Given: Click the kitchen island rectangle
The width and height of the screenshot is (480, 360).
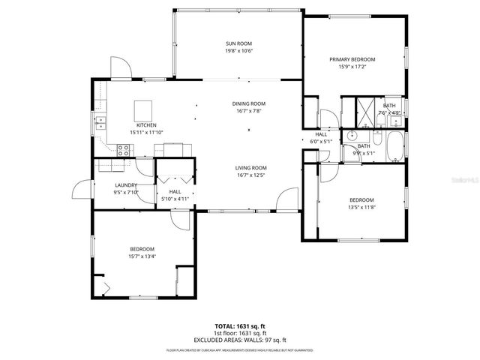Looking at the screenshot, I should click(143, 109).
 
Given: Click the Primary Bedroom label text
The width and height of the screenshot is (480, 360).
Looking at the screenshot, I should click(352, 58).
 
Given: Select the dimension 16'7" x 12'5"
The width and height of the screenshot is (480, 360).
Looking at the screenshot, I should click(251, 175).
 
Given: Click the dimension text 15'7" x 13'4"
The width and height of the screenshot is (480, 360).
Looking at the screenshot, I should click(142, 256).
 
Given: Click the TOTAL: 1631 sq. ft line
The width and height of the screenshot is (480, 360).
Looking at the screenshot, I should click(240, 325).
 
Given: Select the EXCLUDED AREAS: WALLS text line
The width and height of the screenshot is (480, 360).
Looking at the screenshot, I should click(240, 340).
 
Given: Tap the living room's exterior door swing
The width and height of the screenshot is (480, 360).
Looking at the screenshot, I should click(286, 200).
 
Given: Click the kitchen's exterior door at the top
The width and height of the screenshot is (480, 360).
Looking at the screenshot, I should click(121, 69).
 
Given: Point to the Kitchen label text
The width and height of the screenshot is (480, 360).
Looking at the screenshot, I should click(145, 124).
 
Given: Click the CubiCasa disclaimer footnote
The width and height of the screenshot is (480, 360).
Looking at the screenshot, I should click(240, 349).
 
